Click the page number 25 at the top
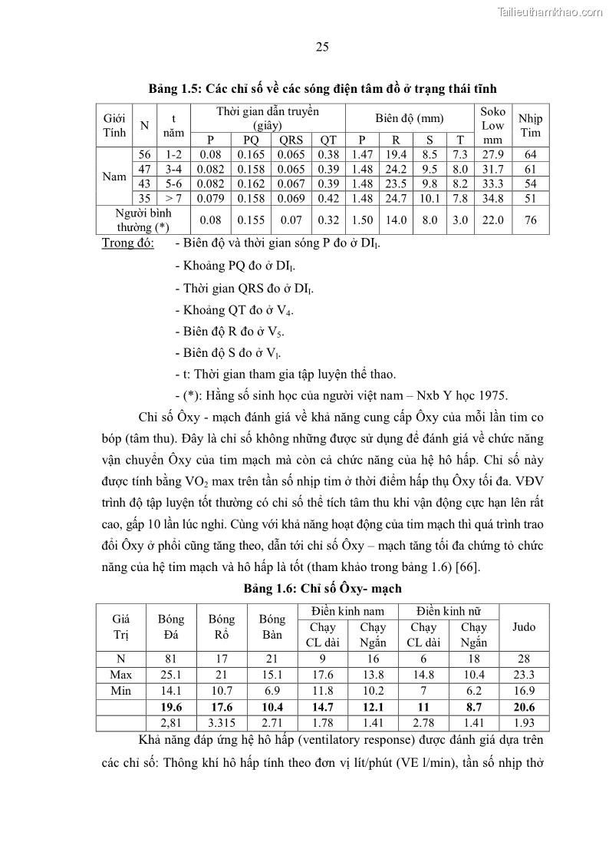(x=322, y=48)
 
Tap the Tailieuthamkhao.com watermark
(x=550, y=12)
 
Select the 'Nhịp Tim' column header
(x=530, y=125)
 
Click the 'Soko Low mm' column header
(x=492, y=125)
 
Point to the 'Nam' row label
(x=114, y=177)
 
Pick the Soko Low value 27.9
(x=492, y=154)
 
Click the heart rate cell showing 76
(x=530, y=220)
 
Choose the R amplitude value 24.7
(x=399, y=198)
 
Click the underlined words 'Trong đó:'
(x=127, y=243)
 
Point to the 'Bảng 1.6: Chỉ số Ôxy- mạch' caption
(x=322, y=588)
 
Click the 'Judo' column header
(x=524, y=627)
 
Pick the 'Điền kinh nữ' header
(x=448, y=611)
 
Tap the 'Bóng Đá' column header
(x=171, y=627)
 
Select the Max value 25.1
(x=171, y=675)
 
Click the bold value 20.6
(x=524, y=708)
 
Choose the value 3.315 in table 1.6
(x=222, y=723)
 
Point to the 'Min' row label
(x=121, y=691)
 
